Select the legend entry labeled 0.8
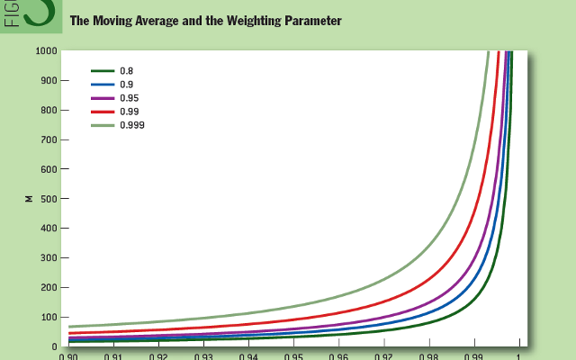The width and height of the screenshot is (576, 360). [x=125, y=69]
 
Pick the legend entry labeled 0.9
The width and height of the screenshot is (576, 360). [x=125, y=84]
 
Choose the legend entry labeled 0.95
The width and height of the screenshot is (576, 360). [x=128, y=97]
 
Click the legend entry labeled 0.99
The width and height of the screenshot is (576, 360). [x=128, y=112]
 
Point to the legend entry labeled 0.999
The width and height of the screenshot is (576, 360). [x=130, y=125]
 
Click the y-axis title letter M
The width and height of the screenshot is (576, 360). [x=29, y=199]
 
